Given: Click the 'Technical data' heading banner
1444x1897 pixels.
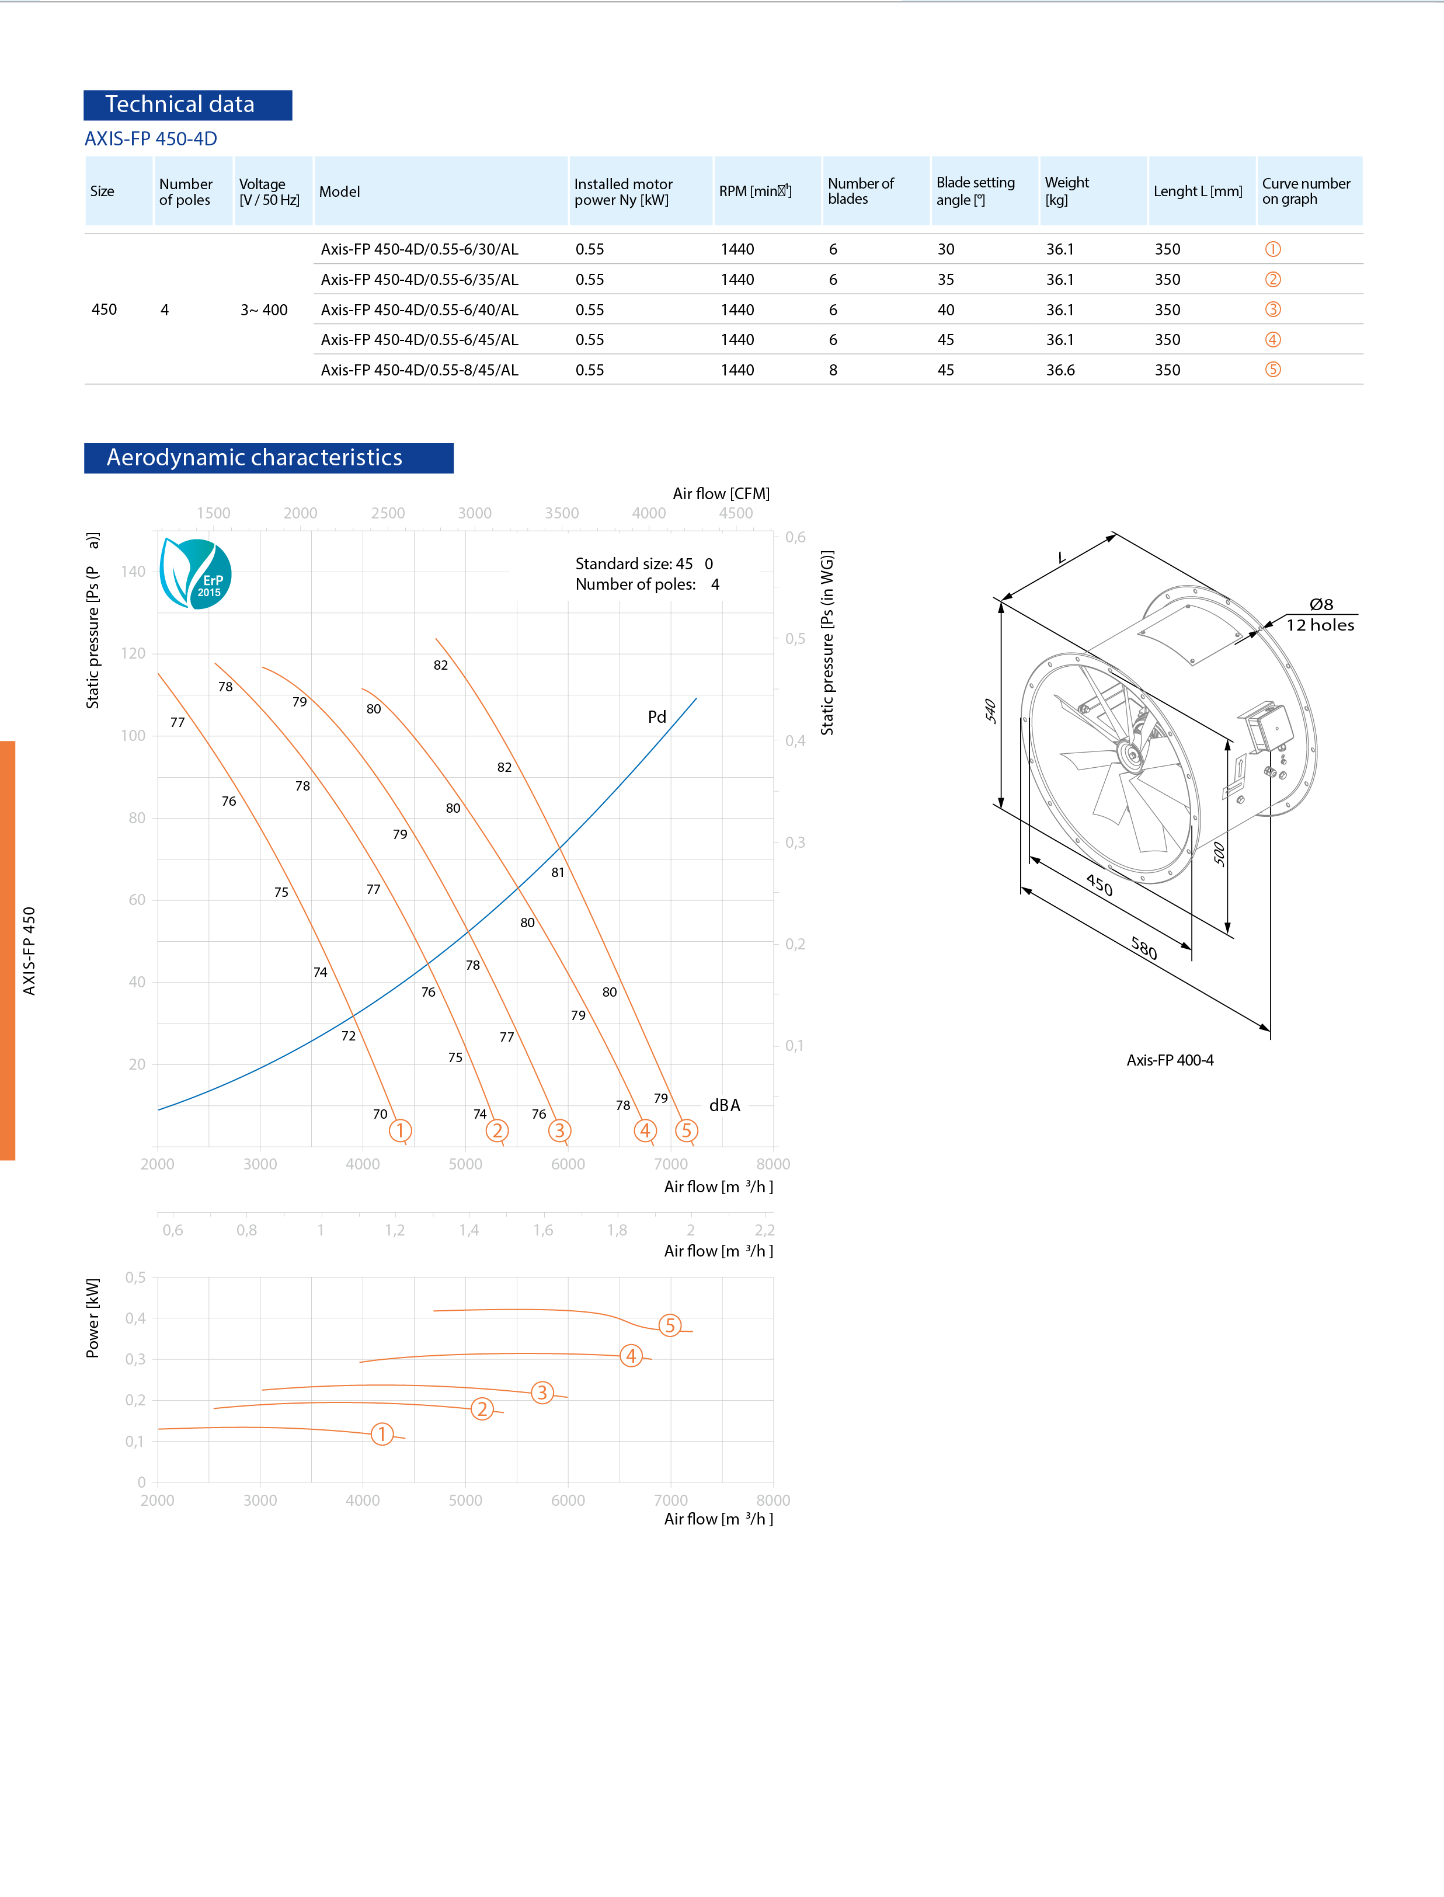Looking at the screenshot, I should [x=187, y=105].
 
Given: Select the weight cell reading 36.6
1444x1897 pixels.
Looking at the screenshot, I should [x=1060, y=370].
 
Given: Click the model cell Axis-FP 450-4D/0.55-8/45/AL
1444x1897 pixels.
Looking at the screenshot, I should [x=419, y=370].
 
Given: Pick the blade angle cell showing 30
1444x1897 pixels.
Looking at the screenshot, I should [x=945, y=249].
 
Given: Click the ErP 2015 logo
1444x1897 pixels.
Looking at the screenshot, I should [x=196, y=574].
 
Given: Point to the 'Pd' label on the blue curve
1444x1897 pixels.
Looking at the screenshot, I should [x=657, y=717].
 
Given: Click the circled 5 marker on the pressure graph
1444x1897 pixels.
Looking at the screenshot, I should [x=686, y=1130].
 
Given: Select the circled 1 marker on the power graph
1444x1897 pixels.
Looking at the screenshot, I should [x=382, y=1434].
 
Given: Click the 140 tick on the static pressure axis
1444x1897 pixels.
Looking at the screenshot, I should [x=133, y=572].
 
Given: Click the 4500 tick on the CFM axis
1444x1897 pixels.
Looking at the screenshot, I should [x=736, y=513].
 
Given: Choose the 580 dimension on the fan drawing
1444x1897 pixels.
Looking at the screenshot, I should [x=1144, y=948].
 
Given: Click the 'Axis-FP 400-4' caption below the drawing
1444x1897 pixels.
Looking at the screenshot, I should [x=1170, y=1060].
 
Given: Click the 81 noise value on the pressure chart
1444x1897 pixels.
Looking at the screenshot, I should [x=558, y=872].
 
